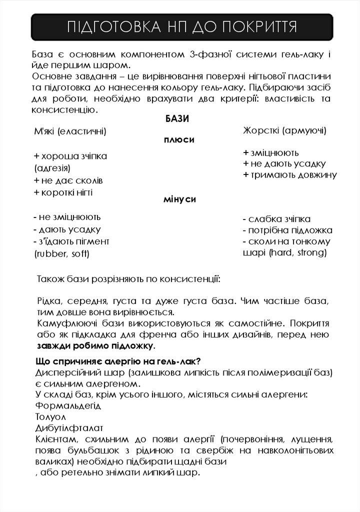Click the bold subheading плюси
[179, 140]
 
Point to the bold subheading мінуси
[179, 199]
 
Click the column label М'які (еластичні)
[70, 131]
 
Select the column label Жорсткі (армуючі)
[284, 130]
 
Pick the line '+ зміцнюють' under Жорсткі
[270, 152]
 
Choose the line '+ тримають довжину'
[289, 175]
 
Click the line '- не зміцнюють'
[67, 217]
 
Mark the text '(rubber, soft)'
[61, 253]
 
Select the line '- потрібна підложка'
[287, 230]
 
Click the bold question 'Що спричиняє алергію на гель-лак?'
[118, 361]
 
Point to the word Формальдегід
[68, 405]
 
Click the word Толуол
[50, 416]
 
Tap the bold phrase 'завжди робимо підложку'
[95, 345]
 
